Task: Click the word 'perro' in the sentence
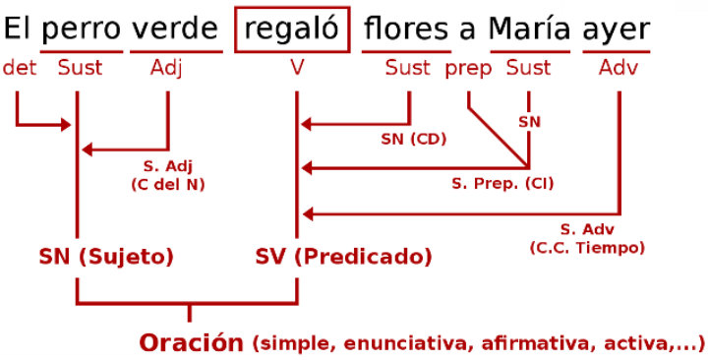click(83, 30)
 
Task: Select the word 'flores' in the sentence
click(405, 30)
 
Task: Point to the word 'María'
click(530, 30)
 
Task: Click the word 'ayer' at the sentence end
click(616, 30)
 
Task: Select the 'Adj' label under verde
click(167, 68)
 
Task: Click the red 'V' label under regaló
click(296, 68)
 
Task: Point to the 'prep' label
click(468, 68)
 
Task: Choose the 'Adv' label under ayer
click(619, 68)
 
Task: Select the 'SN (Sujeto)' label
click(106, 258)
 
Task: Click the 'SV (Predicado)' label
click(343, 258)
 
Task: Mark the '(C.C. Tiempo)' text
click(587, 247)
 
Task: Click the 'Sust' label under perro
click(80, 68)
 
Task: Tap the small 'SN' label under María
click(529, 121)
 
